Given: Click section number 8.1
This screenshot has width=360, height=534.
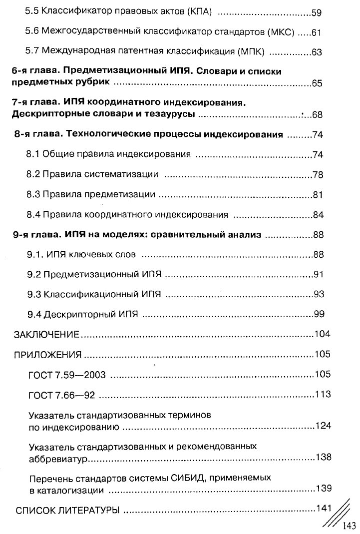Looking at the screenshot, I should tap(33, 155).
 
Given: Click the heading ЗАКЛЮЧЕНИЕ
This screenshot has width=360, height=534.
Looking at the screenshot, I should tap(46, 334).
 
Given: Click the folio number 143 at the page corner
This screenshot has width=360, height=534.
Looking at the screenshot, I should tap(348, 526).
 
